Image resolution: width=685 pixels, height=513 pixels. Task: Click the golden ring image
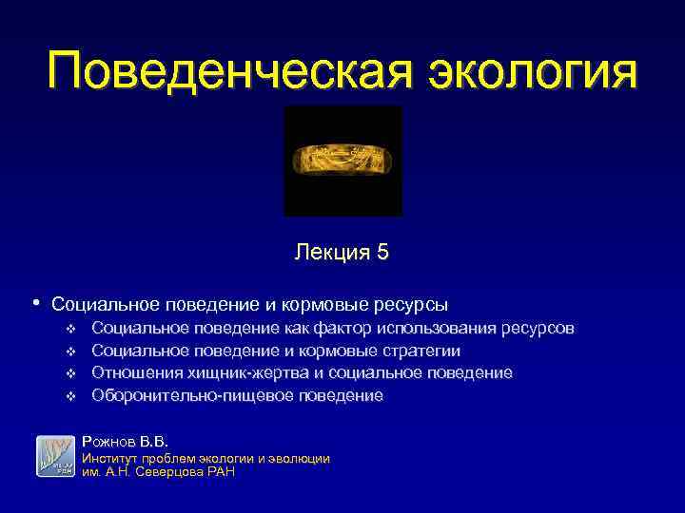point(342,160)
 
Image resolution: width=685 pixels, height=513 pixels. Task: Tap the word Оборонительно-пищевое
point(176,395)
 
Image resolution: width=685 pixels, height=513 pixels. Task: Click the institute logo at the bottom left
point(55,456)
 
